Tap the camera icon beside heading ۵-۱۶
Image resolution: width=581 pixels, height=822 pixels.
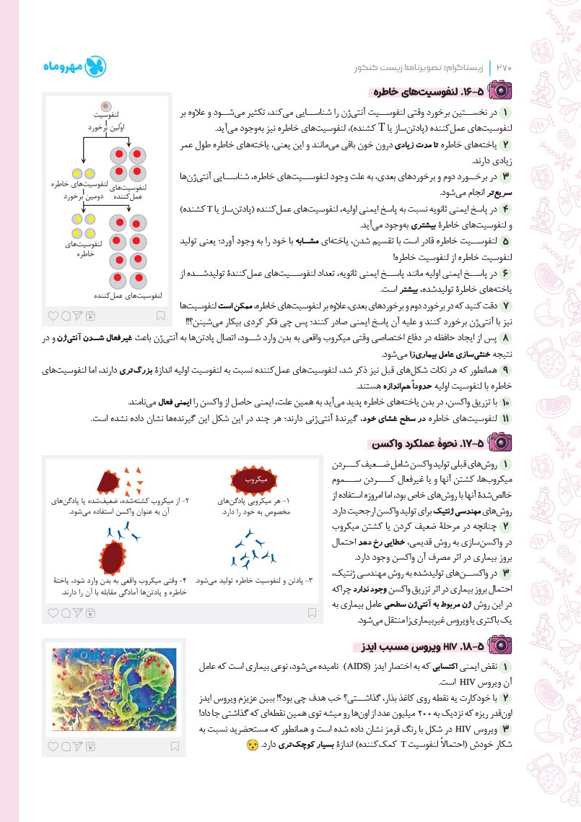click(x=497, y=92)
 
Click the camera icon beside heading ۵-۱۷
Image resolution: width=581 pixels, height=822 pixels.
click(x=497, y=444)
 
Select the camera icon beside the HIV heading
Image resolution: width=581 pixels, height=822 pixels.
click(x=497, y=644)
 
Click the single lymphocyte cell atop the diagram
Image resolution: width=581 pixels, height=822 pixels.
click(x=105, y=106)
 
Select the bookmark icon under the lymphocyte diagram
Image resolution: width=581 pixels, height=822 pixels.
click(x=161, y=316)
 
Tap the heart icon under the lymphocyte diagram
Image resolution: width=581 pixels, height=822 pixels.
click(x=53, y=316)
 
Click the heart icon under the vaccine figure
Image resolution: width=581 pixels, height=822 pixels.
click(x=53, y=613)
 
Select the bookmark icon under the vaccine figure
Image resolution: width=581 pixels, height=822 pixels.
click(x=312, y=613)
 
